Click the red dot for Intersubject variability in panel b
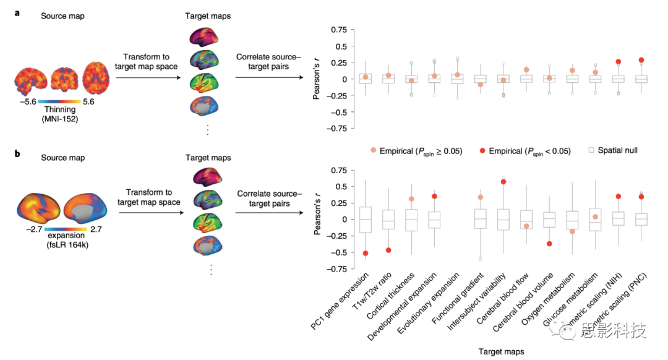point(503,181)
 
